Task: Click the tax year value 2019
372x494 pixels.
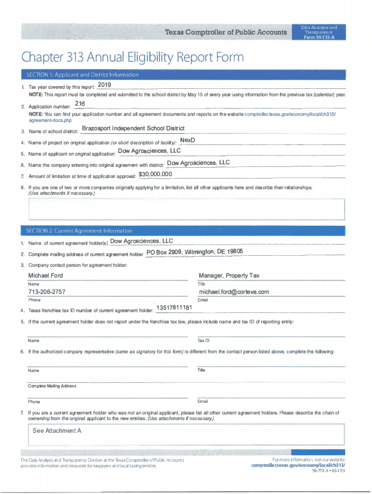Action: (104, 85)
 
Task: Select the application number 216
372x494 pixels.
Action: (80, 104)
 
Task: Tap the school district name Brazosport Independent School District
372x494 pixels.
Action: (133, 128)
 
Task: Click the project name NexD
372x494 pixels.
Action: (187, 140)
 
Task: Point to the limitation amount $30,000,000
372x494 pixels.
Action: (155, 174)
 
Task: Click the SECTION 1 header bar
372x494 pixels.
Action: (184, 75)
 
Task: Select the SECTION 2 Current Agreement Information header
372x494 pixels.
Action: (184, 231)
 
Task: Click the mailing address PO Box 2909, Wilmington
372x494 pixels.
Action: (194, 252)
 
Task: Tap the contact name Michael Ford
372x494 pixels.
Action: (45, 275)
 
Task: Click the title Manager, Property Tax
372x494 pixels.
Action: (229, 275)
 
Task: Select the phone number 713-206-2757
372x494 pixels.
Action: (47, 292)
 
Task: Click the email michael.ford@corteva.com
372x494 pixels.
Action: (234, 292)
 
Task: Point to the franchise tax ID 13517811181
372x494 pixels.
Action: (174, 308)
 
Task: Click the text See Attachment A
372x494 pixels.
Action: (57, 430)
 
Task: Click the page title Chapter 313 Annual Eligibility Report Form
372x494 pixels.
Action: (132, 58)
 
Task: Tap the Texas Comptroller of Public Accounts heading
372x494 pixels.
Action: (226, 32)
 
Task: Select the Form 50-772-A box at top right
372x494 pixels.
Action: (319, 32)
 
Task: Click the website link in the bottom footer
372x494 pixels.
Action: (298, 466)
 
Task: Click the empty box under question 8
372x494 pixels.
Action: (186, 209)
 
